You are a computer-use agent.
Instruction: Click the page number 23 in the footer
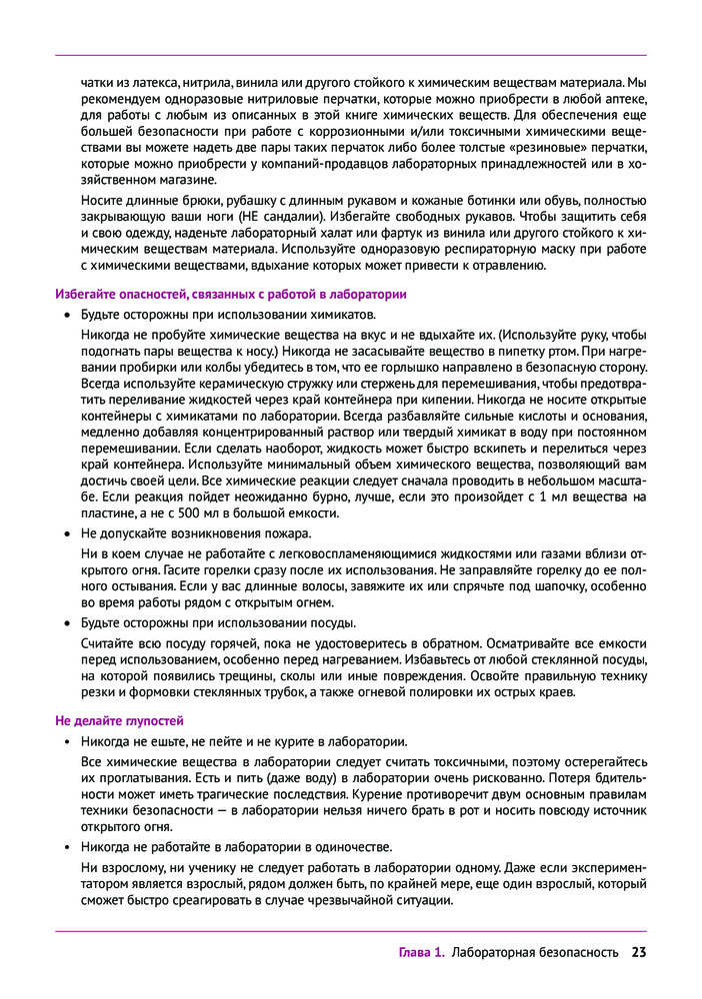639,952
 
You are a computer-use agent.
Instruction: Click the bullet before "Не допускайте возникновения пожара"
66,532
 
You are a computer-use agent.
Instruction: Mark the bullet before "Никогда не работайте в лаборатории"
66,846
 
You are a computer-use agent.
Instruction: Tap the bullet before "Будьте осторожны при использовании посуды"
66,622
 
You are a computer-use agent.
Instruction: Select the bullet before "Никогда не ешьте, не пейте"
66,741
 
